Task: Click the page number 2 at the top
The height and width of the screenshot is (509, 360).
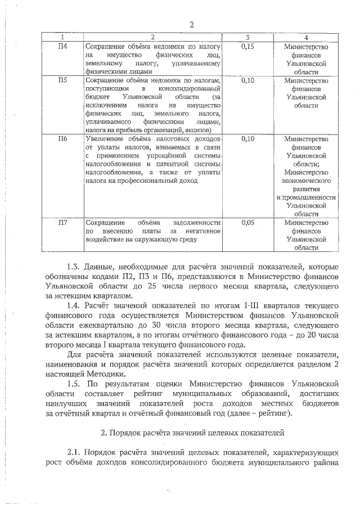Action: pos(192,24)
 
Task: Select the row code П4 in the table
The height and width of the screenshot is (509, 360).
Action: pos(63,46)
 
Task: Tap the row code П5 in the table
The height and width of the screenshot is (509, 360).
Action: pos(63,80)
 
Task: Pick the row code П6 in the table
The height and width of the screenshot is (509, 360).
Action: pos(63,138)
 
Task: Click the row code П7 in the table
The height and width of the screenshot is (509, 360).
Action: pos(63,223)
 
